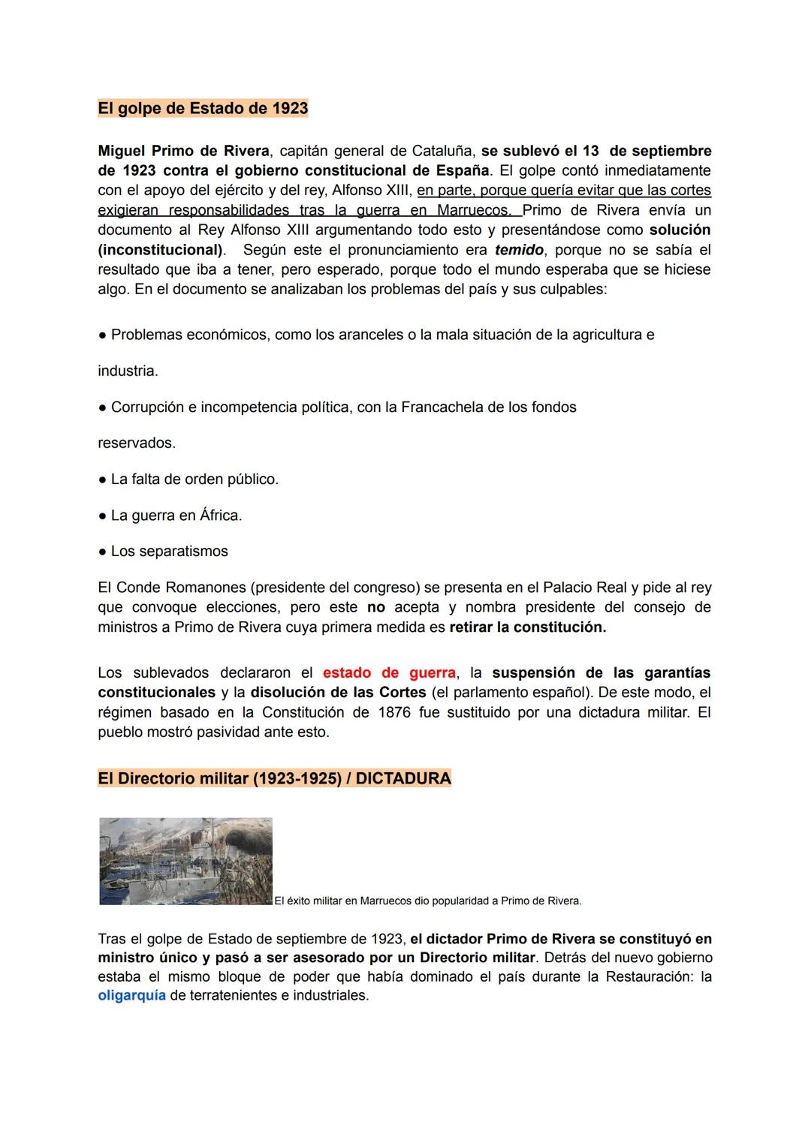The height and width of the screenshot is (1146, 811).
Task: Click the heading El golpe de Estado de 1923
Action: pyautogui.click(x=203, y=108)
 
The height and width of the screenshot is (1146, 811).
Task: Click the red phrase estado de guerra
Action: pyautogui.click(x=389, y=673)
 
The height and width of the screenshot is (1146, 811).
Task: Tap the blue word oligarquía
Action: pyautogui.click(x=131, y=996)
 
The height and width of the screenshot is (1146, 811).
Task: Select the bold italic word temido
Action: pyautogui.click(x=519, y=250)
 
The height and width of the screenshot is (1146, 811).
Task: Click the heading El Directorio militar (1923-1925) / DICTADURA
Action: pyautogui.click(x=274, y=778)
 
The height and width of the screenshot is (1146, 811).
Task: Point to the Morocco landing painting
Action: pyautogui.click(x=185, y=861)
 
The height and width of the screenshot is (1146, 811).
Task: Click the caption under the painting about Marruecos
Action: pyautogui.click(x=428, y=901)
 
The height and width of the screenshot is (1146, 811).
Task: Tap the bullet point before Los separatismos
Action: pyautogui.click(x=102, y=552)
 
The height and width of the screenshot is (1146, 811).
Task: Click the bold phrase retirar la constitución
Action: pyautogui.click(x=527, y=627)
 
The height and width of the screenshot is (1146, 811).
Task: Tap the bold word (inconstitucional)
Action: pyautogui.click(x=161, y=250)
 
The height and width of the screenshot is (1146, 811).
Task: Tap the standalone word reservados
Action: pyautogui.click(x=137, y=444)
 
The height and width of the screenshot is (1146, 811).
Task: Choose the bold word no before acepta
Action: pyautogui.click(x=375, y=607)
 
